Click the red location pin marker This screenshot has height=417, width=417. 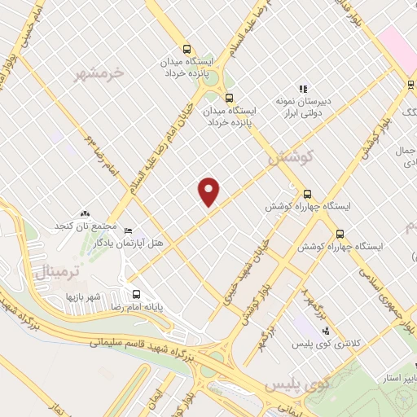tap(209, 191)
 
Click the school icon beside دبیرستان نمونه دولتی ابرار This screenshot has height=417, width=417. tap(303, 89)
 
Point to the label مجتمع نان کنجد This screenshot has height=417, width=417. tap(86, 224)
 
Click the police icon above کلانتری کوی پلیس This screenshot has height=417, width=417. tap(326, 331)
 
